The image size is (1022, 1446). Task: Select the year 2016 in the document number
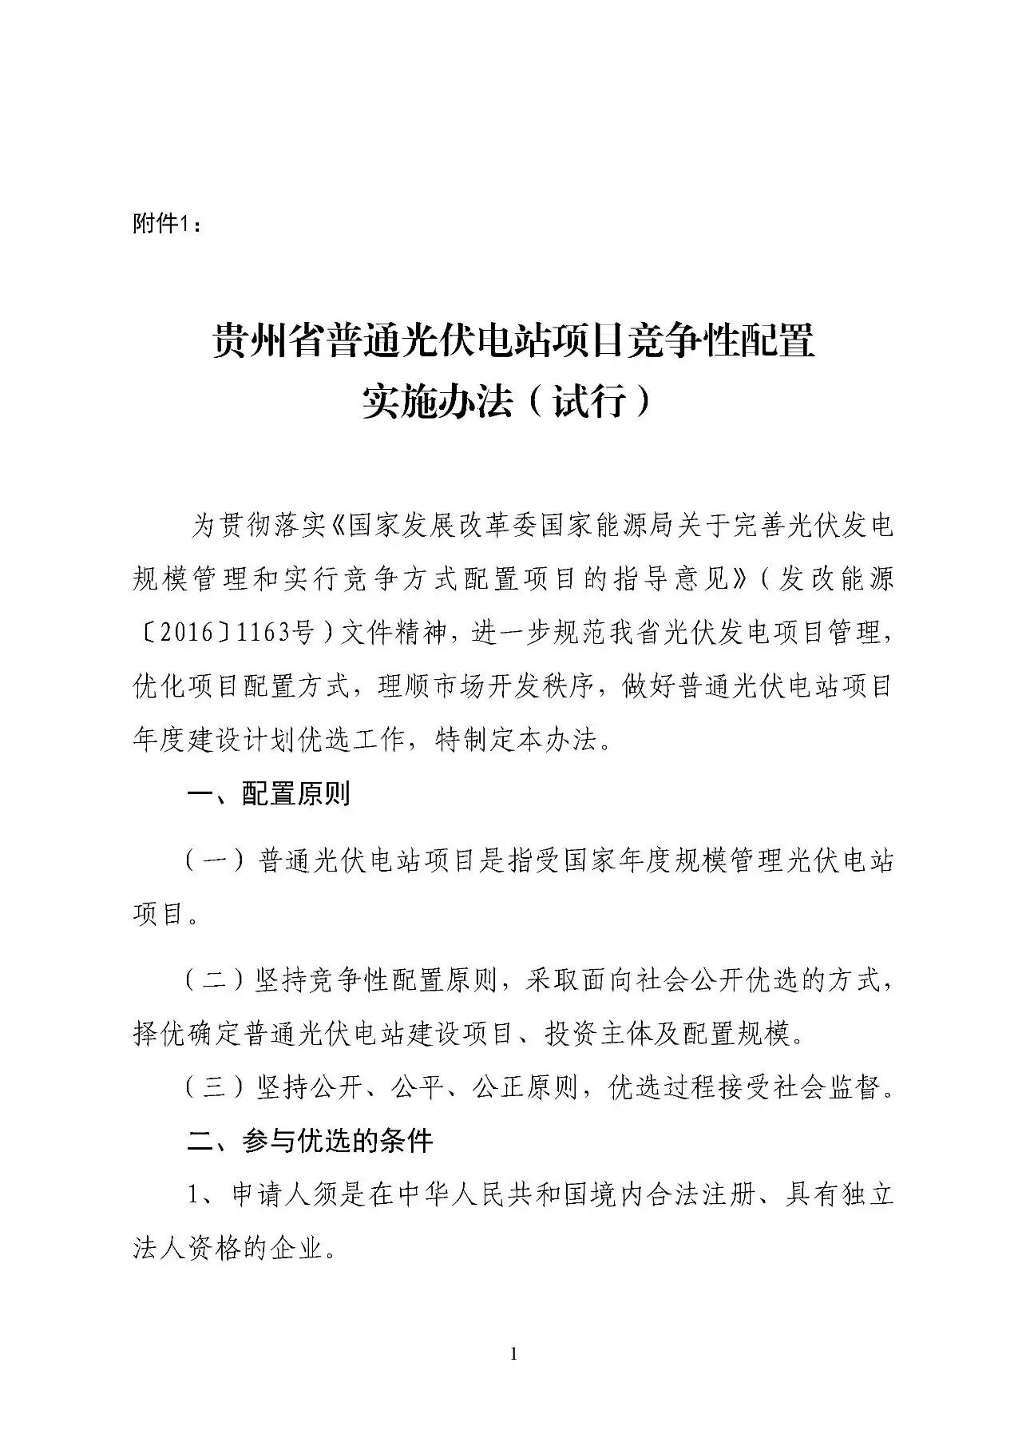pos(183,634)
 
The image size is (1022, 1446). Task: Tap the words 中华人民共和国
pos(478,1195)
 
